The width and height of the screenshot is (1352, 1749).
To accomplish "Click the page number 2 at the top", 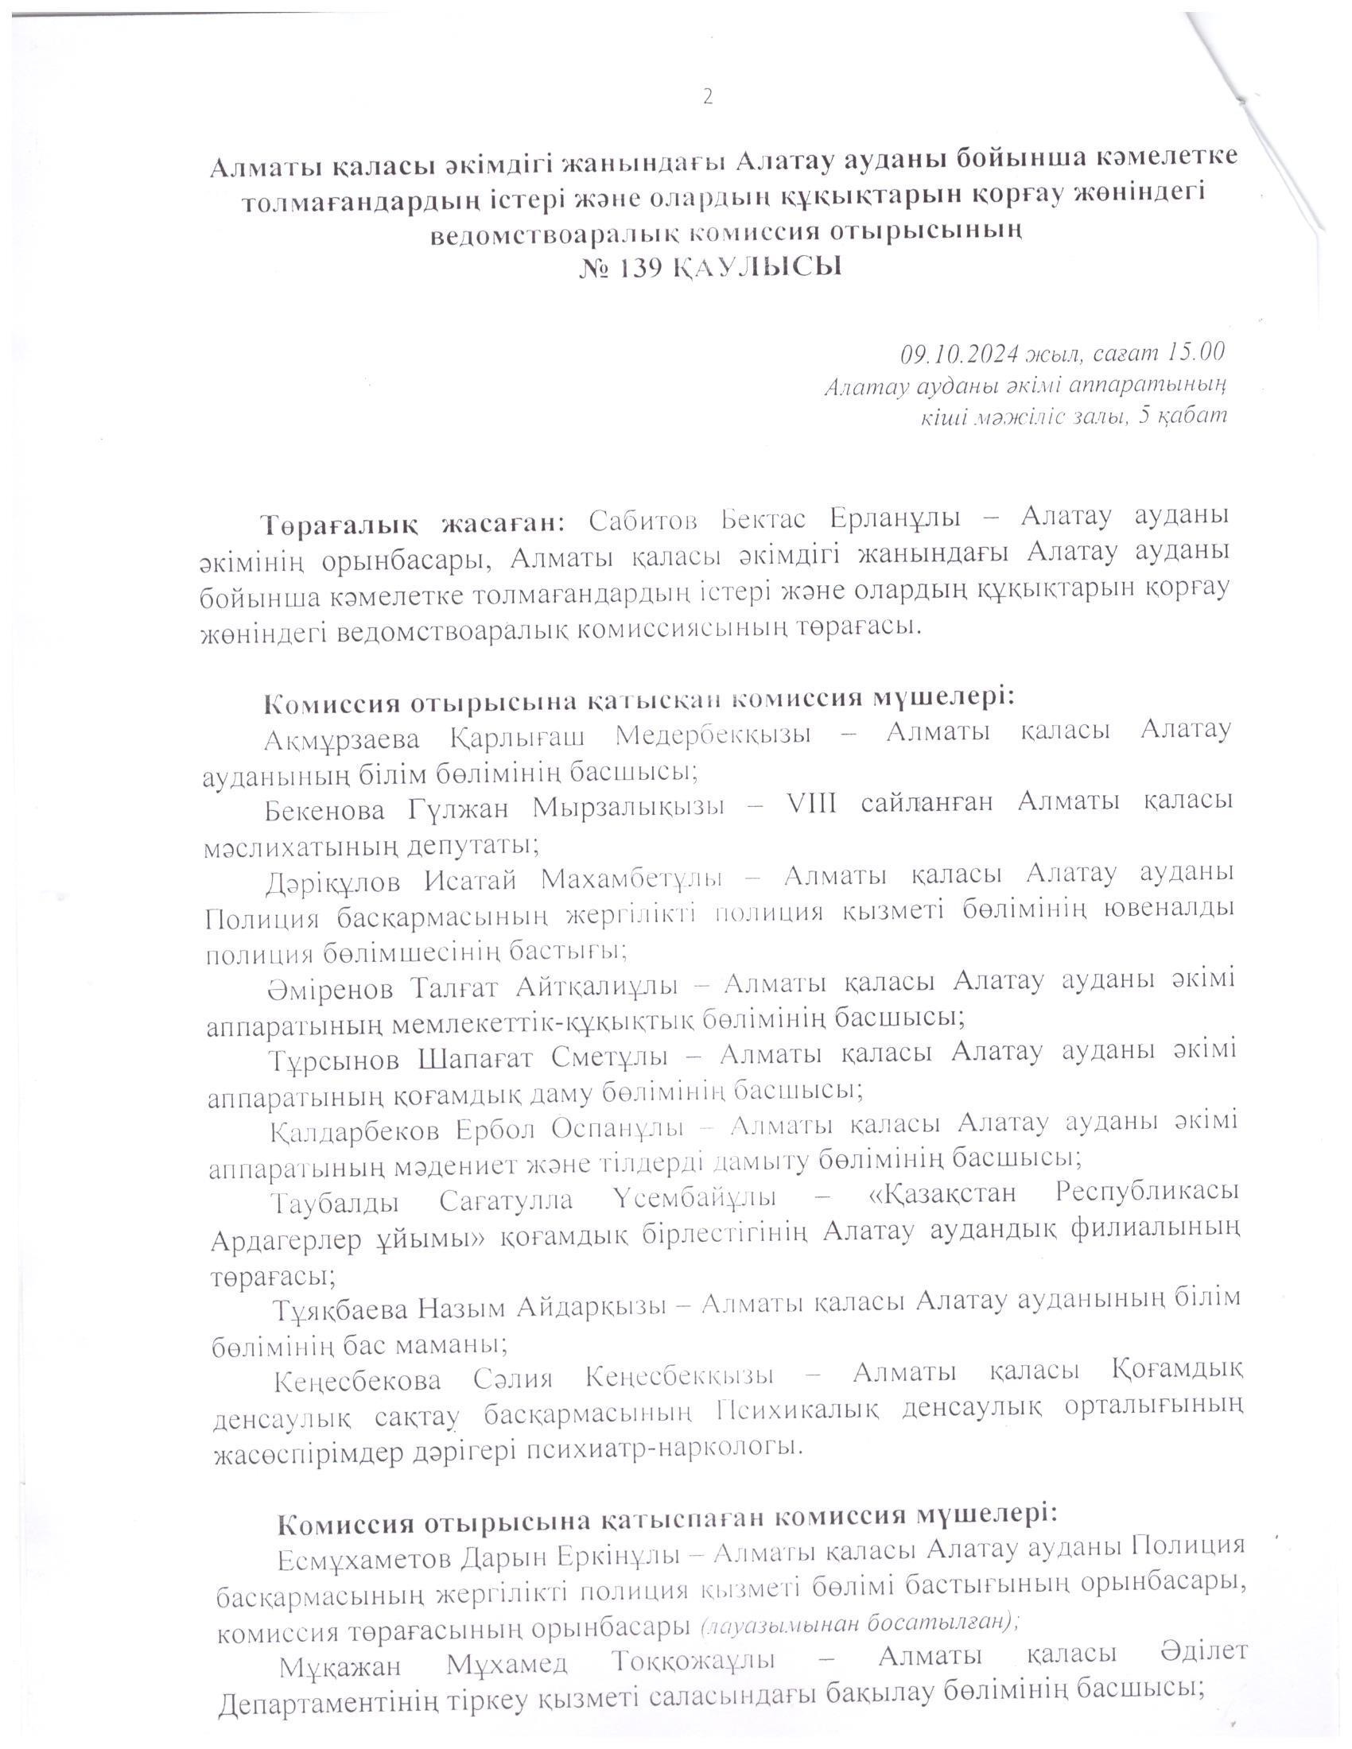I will pos(707,97).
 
